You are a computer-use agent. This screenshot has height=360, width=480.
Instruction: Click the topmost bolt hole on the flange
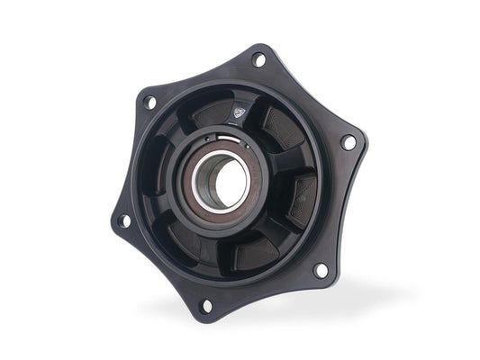pyautogui.click(x=259, y=60)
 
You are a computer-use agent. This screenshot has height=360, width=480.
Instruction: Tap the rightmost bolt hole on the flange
pyautogui.click(x=348, y=142)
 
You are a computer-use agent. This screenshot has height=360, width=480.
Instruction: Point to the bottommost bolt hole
pyautogui.click(x=206, y=305)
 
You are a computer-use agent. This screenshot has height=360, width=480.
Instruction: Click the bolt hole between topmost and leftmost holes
pyautogui.click(x=150, y=102)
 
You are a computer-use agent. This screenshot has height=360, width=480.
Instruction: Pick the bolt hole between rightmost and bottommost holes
pyautogui.click(x=320, y=269)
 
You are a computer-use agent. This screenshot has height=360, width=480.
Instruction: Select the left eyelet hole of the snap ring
pyautogui.click(x=207, y=139)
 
